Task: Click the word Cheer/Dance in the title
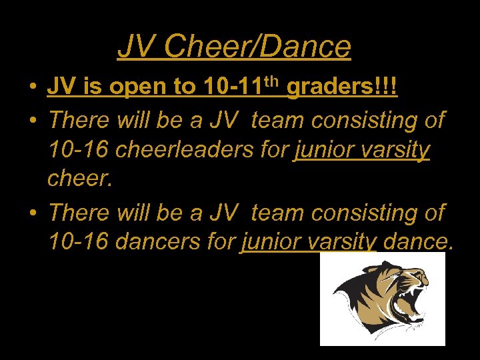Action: [257, 47]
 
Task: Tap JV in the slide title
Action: [137, 47]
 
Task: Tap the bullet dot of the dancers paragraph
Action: [32, 213]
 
